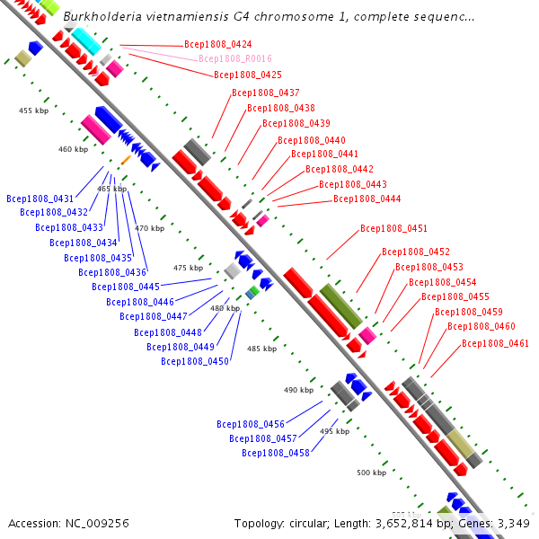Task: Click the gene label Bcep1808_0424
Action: tap(216, 44)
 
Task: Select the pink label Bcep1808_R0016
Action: tap(231, 59)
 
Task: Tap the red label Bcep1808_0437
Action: tap(265, 93)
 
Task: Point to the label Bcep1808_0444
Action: tap(367, 199)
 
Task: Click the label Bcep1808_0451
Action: tap(393, 228)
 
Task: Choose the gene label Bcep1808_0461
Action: tap(495, 343)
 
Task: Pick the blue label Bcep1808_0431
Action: tap(40, 199)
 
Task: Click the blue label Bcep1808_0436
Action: tap(112, 272)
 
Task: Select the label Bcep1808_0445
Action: tap(126, 287)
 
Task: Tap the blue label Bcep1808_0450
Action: tap(195, 361)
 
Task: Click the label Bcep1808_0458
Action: tap(276, 453)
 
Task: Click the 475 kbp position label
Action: tap(188, 268)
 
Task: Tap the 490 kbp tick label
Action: tap(297, 390)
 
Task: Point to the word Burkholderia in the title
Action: tap(100, 17)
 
